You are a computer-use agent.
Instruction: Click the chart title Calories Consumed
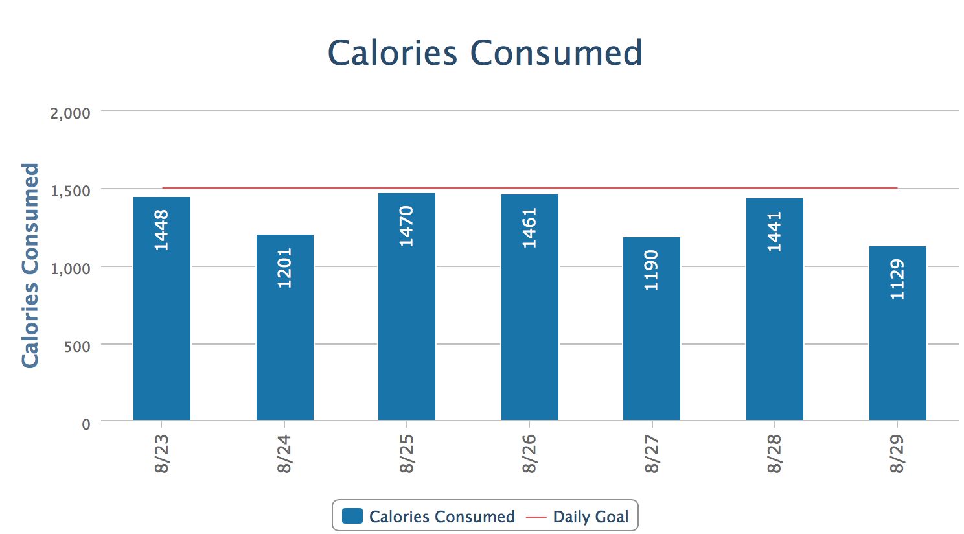pos(485,53)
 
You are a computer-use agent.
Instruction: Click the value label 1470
pos(407,226)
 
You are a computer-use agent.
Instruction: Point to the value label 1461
pos(530,227)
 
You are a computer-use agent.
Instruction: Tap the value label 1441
pos(775,231)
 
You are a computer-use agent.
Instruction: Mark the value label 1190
pos(652,270)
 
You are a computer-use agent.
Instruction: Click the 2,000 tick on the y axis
pos(70,113)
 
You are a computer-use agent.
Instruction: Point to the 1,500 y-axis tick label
pos(70,191)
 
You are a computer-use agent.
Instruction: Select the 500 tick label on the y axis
pos(77,346)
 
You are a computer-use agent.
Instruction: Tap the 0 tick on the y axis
pos(86,424)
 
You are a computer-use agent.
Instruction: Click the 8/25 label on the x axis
pos(407,454)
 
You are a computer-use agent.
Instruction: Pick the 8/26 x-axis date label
pos(530,454)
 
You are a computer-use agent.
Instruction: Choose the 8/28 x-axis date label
pos(775,454)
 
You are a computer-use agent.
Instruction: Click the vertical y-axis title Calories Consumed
pos(30,266)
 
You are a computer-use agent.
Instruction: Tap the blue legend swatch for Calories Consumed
pos(352,516)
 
